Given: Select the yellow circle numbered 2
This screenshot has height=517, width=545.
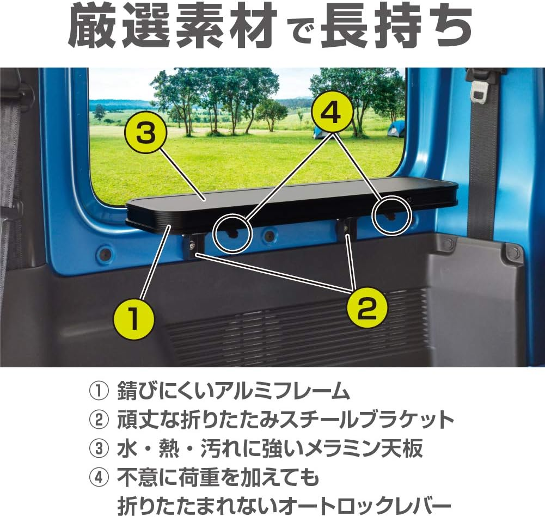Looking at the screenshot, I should (367, 309).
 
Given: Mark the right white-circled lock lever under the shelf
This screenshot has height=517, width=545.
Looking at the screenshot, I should (390, 216).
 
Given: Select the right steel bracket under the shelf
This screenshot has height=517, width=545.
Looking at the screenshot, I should (346, 229).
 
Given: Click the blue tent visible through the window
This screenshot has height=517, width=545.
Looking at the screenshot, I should (396, 129).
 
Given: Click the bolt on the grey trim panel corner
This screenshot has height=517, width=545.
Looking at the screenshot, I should (512, 253).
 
